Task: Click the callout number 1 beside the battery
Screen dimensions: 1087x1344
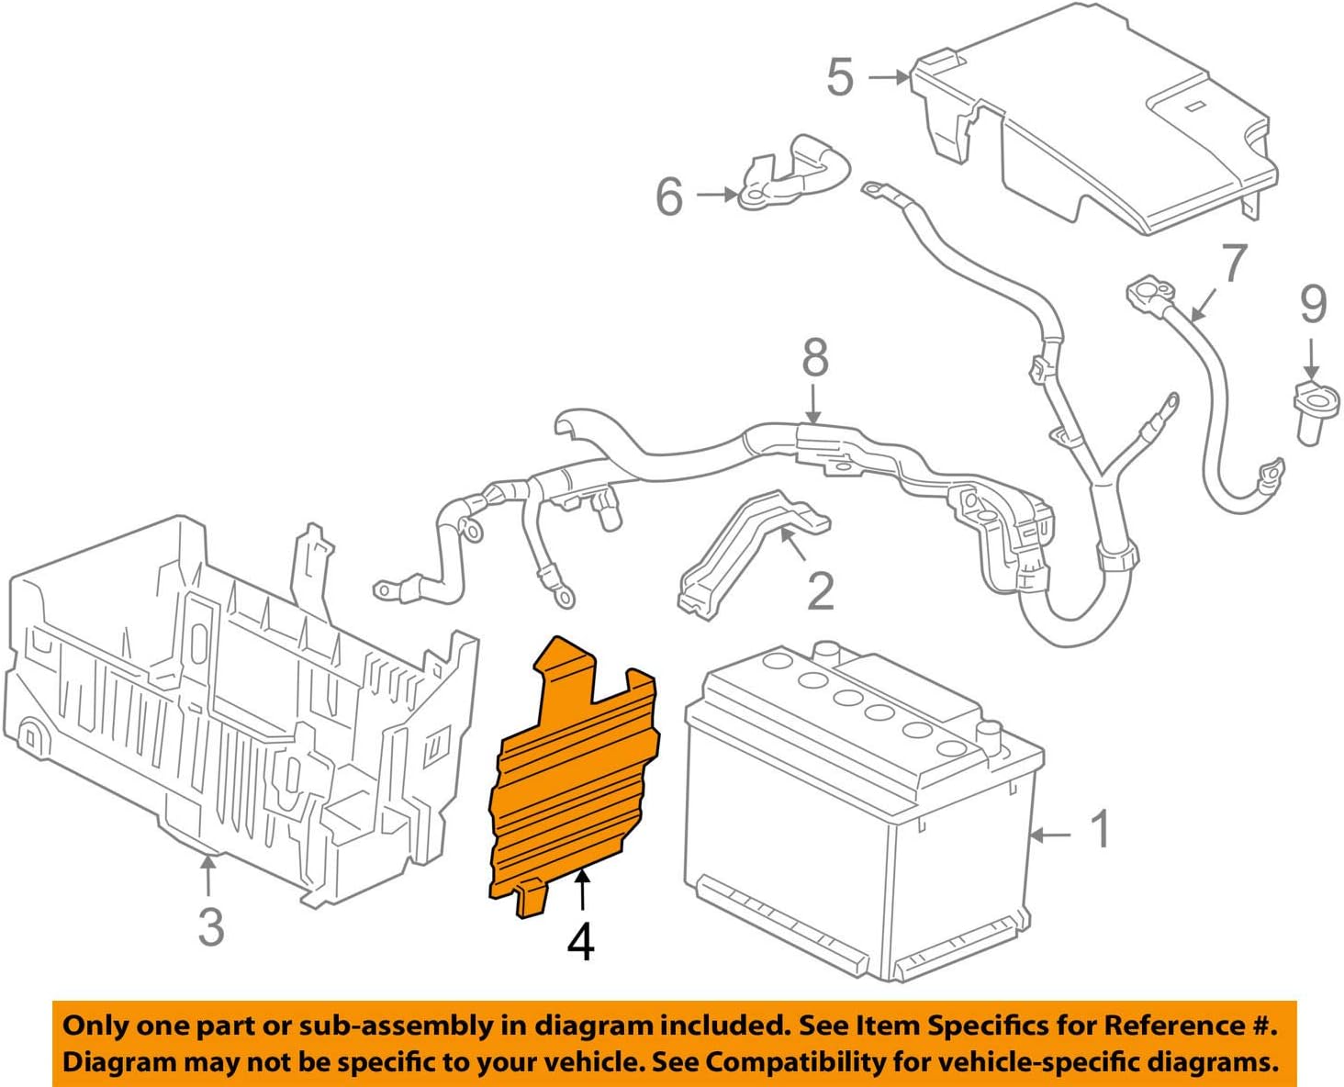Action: point(1100,829)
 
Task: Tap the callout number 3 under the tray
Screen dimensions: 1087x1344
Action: point(211,926)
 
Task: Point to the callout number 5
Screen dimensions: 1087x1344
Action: point(840,77)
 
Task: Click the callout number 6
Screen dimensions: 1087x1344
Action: point(669,196)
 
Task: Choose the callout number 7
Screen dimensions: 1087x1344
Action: point(1234,264)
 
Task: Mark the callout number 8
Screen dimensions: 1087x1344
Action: point(814,358)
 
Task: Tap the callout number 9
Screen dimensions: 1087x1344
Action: point(1313,304)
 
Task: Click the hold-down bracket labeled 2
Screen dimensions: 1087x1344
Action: point(744,551)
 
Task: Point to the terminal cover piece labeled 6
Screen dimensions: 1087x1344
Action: point(790,174)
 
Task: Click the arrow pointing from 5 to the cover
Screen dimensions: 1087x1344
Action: point(888,78)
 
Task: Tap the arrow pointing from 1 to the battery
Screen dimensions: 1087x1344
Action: point(1050,835)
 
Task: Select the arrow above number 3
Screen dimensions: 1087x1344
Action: point(209,874)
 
